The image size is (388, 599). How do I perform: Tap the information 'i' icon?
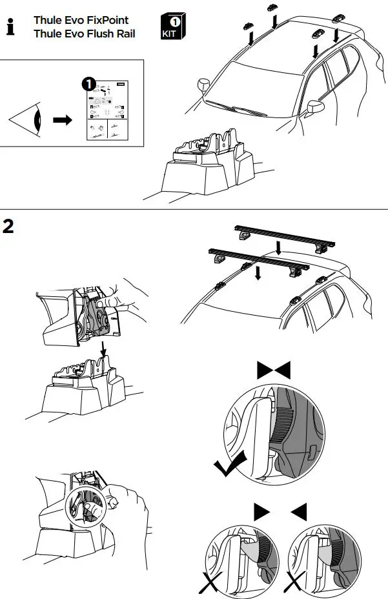point(10,28)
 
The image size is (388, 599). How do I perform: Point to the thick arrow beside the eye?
point(62,121)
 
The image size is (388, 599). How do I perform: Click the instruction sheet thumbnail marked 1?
point(106,111)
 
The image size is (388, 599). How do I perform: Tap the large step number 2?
point(10,227)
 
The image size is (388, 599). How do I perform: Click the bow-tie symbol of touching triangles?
point(274,370)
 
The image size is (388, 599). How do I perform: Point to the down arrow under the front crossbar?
point(258,274)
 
